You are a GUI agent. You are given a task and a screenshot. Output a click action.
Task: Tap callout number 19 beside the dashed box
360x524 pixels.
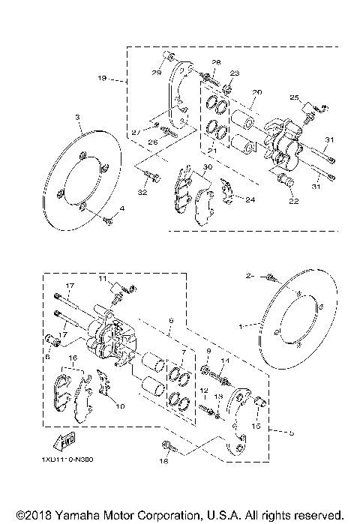(102, 77)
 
